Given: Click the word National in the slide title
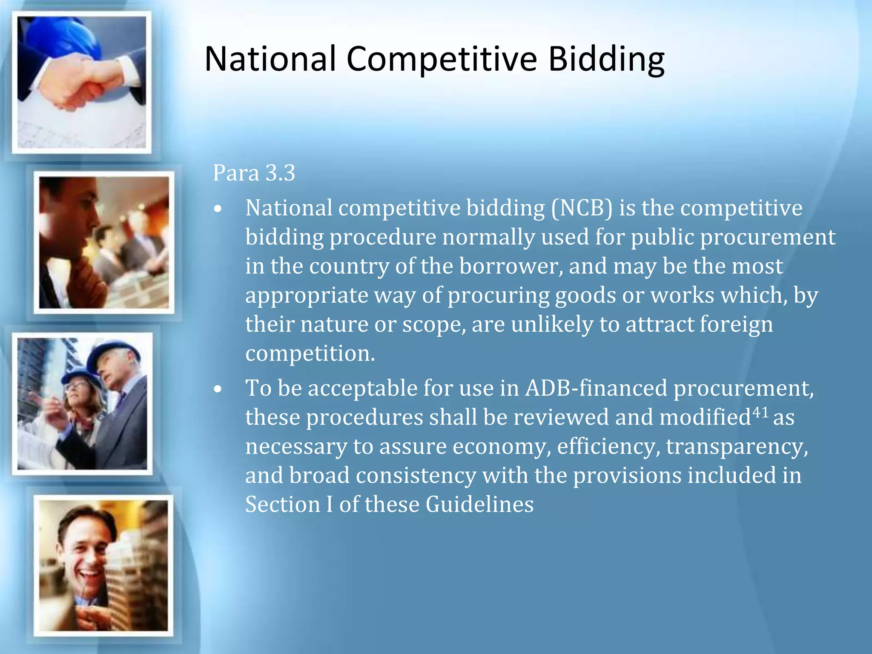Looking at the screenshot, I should (270, 59).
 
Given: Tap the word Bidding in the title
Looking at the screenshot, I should (606, 60).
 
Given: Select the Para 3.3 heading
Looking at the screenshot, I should (254, 173).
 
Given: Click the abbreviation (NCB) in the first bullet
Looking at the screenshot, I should (582, 208).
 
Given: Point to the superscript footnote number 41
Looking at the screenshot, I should (760, 412).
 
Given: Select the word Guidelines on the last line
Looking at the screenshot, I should (479, 505).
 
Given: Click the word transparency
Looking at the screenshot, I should (737, 447).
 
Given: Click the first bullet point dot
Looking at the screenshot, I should (218, 209).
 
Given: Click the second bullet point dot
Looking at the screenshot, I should (218, 389).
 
